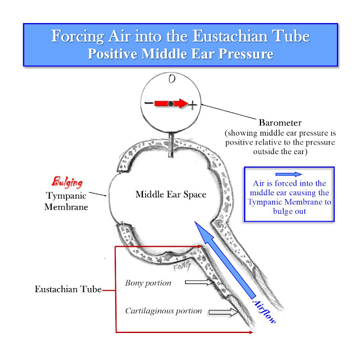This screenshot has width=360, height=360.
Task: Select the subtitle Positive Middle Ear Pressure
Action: point(180,55)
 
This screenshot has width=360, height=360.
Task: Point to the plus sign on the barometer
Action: point(193,105)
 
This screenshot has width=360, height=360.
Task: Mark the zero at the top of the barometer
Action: point(172,80)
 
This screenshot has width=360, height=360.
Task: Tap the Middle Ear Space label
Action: point(171,195)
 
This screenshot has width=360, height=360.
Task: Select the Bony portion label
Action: point(148,283)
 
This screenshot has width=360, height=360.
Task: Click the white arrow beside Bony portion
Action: point(197,283)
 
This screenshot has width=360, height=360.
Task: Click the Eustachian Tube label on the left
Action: point(68,290)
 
